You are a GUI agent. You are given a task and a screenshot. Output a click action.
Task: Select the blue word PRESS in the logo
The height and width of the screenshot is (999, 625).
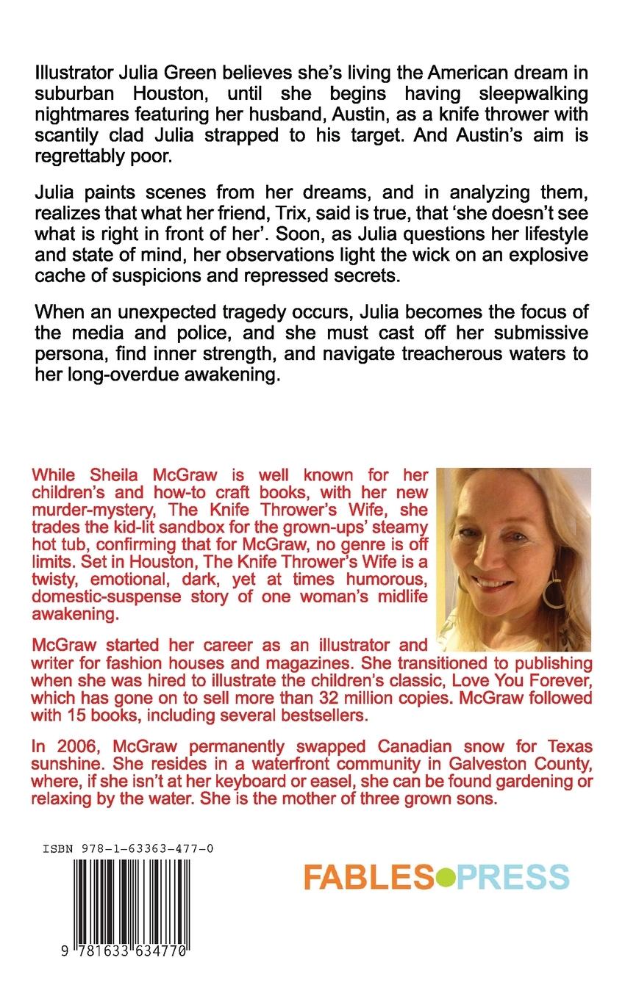tap(512, 877)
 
